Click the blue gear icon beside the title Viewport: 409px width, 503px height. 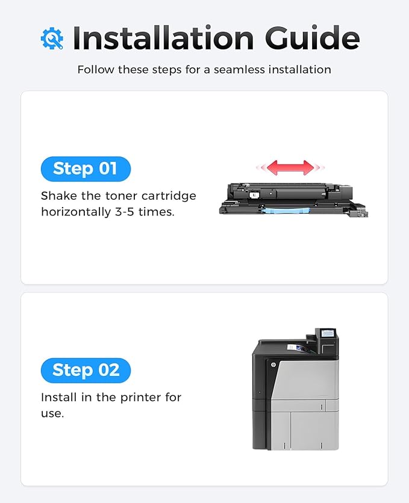tap(52, 39)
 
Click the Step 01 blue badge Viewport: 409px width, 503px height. tap(86, 168)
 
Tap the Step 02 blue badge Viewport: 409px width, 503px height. tap(86, 370)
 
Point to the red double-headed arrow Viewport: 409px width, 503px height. tap(290, 167)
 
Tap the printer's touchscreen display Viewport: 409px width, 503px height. tap(328, 333)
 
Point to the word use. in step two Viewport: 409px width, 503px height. tap(52, 413)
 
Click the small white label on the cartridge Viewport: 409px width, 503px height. tap(255, 194)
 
